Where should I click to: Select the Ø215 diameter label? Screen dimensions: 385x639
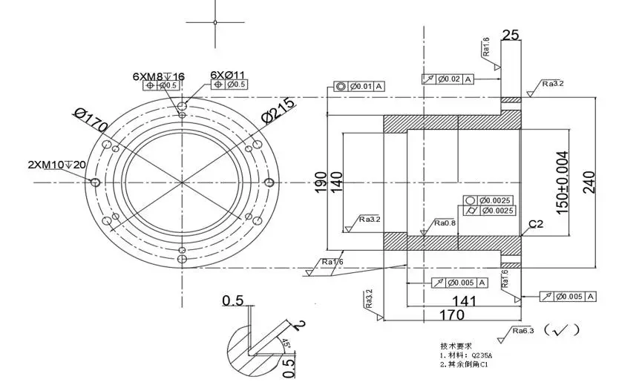[279, 109]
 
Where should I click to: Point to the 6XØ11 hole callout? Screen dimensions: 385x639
[228, 75]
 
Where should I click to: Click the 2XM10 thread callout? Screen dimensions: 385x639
[56, 164]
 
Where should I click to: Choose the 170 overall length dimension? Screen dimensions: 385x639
[452, 315]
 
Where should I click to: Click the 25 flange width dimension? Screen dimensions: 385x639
[511, 34]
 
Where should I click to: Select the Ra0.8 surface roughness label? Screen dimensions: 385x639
[445, 223]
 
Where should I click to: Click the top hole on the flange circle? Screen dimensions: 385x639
[182, 107]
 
